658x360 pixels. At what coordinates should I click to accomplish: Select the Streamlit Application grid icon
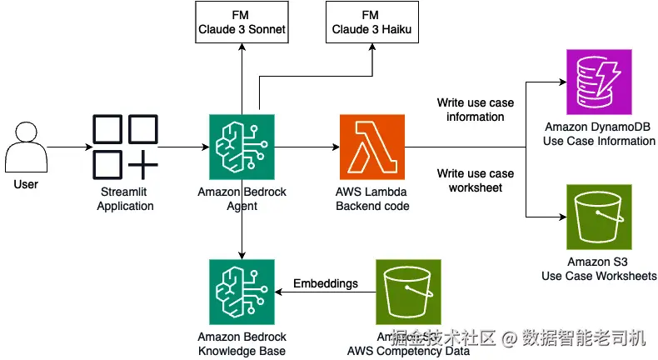point(125,147)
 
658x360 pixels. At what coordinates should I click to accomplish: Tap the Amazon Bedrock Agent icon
point(241,147)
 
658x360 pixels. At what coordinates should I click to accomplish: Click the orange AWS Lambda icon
point(371,147)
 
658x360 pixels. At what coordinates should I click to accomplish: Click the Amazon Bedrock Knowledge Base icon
point(241,291)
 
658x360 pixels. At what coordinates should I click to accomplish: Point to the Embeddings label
point(326,283)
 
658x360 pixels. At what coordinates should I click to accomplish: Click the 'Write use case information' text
point(476,110)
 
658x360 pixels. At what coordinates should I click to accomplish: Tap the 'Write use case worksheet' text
point(476,181)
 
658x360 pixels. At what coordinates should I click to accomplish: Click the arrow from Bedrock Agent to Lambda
point(305,147)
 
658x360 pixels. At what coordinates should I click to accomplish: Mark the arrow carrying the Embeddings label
point(325,293)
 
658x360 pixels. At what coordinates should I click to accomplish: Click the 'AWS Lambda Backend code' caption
point(372,199)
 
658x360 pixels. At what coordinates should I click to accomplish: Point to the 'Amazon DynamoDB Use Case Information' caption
point(599,134)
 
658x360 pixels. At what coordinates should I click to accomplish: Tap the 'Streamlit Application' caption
point(125,199)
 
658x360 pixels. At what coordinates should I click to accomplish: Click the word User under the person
point(26,183)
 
